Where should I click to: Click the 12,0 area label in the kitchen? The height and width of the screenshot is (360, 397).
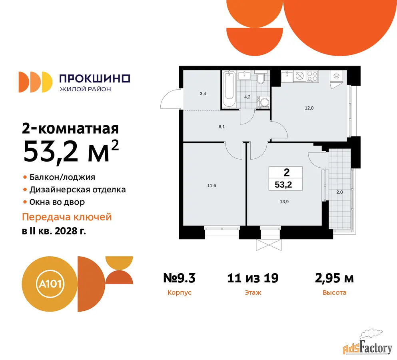309,108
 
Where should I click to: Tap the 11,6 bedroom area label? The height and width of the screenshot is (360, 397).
211,186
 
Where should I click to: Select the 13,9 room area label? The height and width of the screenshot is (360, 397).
284,202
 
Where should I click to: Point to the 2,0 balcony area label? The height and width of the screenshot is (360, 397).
339,192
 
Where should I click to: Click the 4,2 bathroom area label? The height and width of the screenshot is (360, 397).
247,97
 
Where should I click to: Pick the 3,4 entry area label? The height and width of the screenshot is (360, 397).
203,94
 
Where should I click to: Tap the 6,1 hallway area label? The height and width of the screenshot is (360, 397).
222,127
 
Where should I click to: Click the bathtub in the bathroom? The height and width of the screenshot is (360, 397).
229,89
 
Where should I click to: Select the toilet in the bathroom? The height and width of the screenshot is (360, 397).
261,78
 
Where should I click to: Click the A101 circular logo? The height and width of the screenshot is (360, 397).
50,284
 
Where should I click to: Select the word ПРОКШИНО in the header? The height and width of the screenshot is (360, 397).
95,78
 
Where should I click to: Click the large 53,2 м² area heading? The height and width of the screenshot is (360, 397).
71,151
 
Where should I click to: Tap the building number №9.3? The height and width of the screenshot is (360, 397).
179,278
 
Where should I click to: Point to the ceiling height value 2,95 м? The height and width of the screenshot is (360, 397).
334,278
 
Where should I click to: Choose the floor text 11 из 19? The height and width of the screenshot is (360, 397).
253,278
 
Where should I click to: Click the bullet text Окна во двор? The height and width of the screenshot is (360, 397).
57,202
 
